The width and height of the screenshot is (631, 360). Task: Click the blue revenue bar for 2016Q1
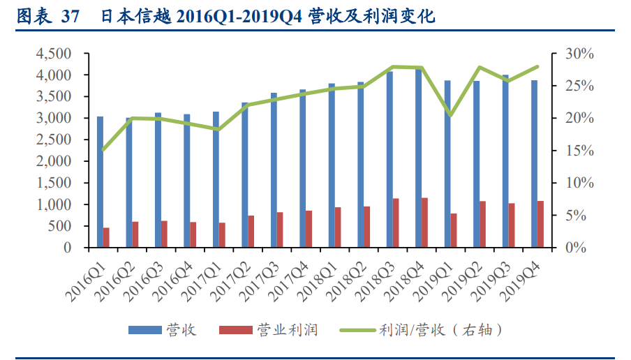point(100,181)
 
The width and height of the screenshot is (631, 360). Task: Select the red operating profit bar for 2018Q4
point(424,223)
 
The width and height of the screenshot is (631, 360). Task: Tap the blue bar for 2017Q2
point(245,175)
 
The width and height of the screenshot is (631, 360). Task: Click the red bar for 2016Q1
point(107,237)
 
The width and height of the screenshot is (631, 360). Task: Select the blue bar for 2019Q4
point(534,164)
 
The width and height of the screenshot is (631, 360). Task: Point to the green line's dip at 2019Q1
point(451,115)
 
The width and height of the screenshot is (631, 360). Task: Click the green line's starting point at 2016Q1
point(103,150)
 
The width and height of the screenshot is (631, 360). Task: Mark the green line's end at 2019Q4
point(537,66)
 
